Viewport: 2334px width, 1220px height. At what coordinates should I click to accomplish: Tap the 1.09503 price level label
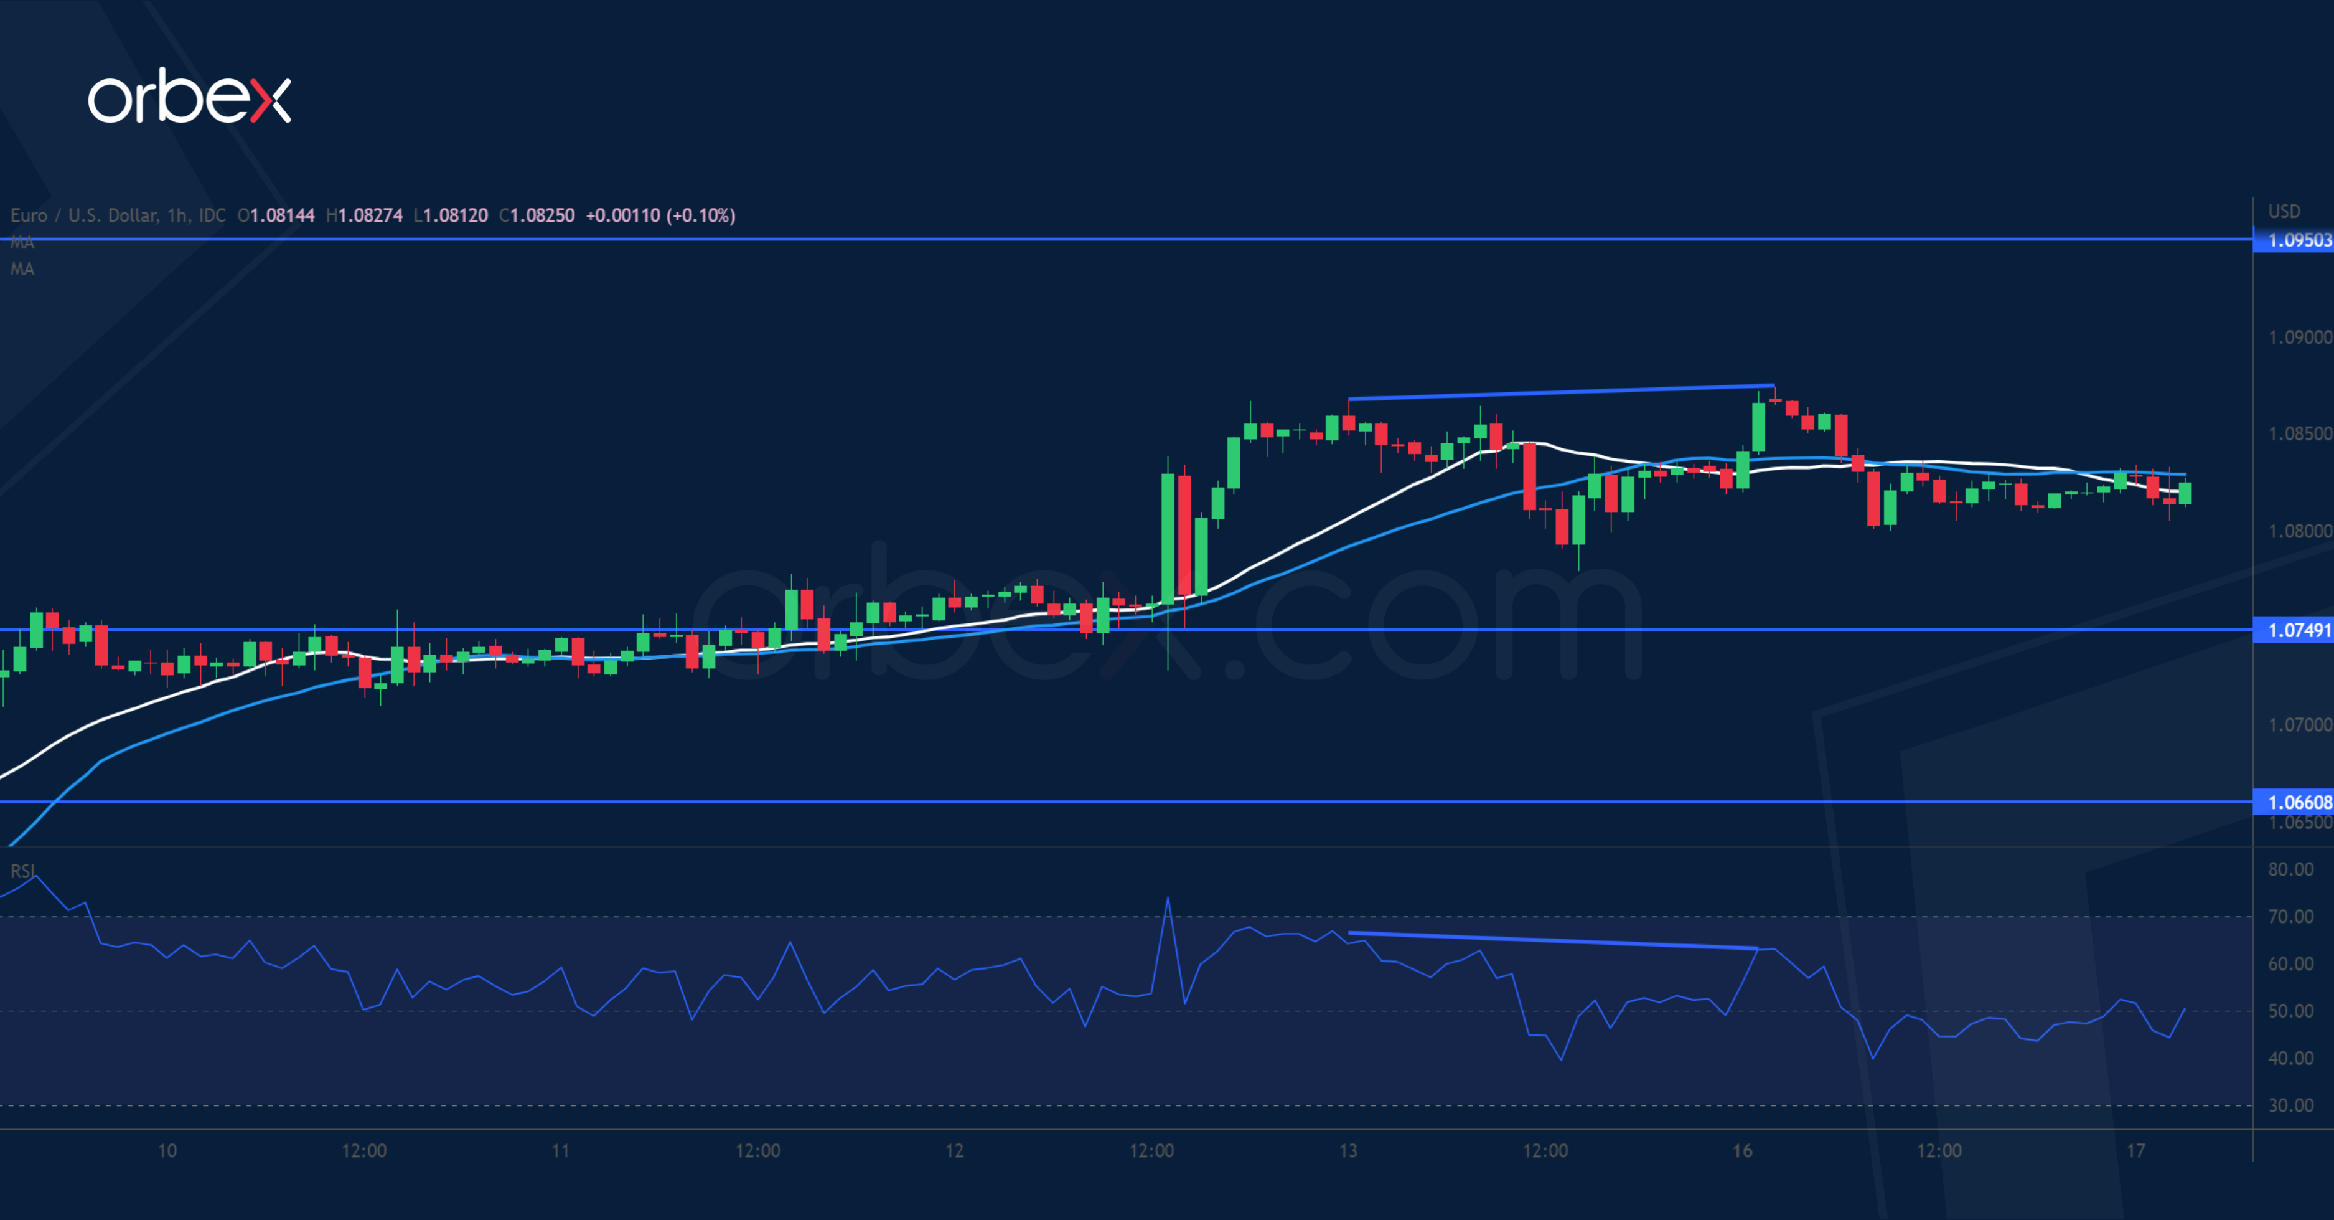pos(2299,240)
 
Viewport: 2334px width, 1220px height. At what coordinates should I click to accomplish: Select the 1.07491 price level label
pos(2299,630)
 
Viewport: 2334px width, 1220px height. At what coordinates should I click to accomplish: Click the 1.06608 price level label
pos(2299,802)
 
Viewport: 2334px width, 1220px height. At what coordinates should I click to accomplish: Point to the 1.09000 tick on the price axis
pos(2299,337)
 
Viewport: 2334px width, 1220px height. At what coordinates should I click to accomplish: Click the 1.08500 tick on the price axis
pos(2299,434)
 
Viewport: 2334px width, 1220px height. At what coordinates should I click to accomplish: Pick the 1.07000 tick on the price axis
pos(2299,725)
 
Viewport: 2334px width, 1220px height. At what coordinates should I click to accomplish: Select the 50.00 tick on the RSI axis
pos(2290,1011)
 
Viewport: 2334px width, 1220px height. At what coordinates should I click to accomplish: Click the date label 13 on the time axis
pos(1348,1151)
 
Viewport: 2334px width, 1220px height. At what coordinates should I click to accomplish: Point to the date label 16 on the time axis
pos(1741,1151)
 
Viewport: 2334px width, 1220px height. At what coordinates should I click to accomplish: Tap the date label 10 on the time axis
pos(167,1151)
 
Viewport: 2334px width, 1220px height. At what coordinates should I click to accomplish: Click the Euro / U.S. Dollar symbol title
pos(118,215)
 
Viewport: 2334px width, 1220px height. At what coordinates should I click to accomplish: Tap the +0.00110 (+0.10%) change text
pos(660,215)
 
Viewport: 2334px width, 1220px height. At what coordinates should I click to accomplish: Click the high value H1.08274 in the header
pos(364,215)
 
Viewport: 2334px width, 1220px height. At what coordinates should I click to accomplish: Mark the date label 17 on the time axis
pos(2135,1151)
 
